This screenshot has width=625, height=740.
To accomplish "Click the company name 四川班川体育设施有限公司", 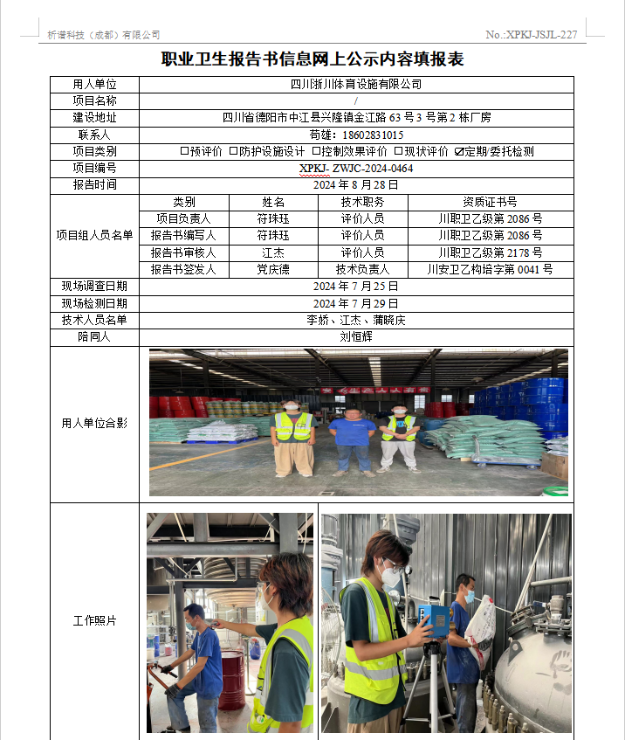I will click(x=356, y=85).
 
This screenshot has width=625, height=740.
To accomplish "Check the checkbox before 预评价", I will click(x=184, y=151).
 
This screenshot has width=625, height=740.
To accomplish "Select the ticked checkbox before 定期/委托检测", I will click(x=459, y=151).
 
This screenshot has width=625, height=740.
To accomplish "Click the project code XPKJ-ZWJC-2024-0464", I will click(x=356, y=168).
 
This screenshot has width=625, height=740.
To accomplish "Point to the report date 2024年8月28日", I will click(x=356, y=185).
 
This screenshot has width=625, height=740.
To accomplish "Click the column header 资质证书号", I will click(x=490, y=203).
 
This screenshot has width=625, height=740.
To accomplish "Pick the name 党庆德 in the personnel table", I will click(x=272, y=270).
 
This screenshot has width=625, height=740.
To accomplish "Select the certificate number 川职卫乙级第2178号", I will click(x=490, y=252).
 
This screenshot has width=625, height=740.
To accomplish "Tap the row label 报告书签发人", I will click(x=183, y=270).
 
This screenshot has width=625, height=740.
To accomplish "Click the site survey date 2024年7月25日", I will click(x=356, y=287).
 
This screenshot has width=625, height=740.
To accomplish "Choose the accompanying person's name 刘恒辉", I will click(x=356, y=337).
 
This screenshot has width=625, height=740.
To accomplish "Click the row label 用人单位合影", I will click(x=94, y=424).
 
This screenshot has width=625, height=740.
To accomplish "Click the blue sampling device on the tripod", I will click(x=432, y=619).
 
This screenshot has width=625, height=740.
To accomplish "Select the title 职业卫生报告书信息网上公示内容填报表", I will click(x=312, y=59).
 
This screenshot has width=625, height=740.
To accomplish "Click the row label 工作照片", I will click(x=94, y=621).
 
